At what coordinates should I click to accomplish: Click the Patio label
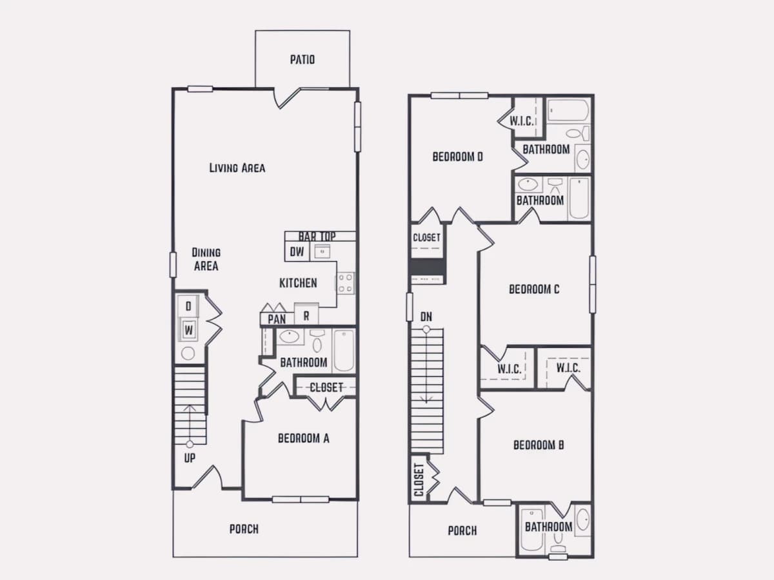(x=303, y=59)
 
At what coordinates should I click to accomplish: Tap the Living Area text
(x=237, y=168)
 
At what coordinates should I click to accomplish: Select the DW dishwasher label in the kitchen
(x=297, y=252)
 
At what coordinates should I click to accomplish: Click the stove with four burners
(x=345, y=283)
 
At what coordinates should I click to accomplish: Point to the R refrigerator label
(x=306, y=316)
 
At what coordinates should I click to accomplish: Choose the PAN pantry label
(x=277, y=320)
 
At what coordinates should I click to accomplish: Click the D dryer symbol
(x=188, y=306)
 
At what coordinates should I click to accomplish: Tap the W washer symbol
(x=188, y=330)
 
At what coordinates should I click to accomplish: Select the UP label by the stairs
(x=190, y=458)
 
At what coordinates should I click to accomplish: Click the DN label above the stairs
(x=426, y=317)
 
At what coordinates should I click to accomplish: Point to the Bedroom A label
(x=304, y=438)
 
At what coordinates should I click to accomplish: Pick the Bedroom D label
(x=457, y=157)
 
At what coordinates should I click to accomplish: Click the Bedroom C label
(x=534, y=289)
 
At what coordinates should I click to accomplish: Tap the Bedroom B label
(x=539, y=445)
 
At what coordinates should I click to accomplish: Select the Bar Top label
(x=317, y=237)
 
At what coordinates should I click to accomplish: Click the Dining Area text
(x=206, y=259)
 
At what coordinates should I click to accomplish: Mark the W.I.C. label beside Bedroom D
(x=521, y=121)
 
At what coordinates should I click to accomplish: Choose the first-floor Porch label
(x=244, y=529)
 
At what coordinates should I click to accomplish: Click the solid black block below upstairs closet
(x=428, y=267)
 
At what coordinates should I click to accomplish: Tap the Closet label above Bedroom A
(x=326, y=387)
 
